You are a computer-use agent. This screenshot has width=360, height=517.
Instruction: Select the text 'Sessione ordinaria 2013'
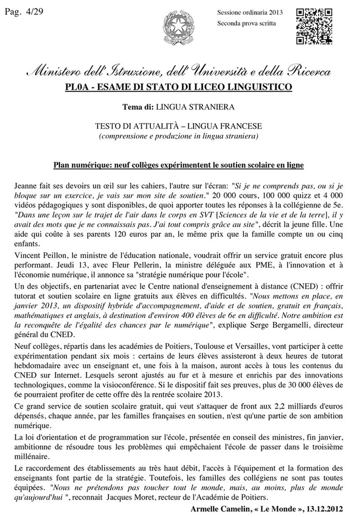(250, 12)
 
